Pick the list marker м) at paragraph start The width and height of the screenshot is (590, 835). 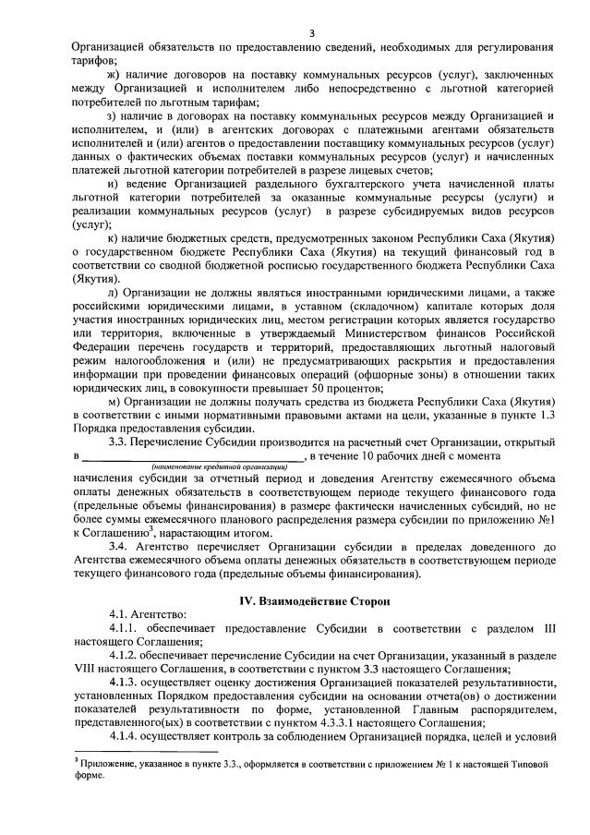click(x=114, y=402)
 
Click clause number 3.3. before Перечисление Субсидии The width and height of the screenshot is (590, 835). click(x=122, y=442)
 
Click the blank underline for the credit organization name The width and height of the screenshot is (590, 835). click(x=193, y=457)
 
